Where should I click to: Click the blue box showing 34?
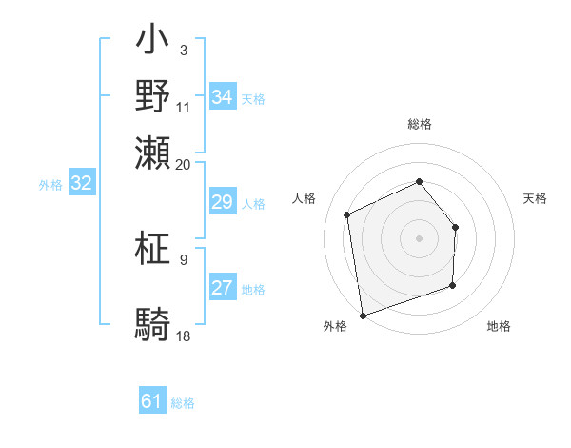click(x=223, y=97)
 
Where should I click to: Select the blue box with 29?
click(x=223, y=203)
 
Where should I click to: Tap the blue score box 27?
click(x=223, y=289)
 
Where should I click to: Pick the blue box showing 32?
click(x=82, y=184)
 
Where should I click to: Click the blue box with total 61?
click(x=152, y=401)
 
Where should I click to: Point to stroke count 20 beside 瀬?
click(x=184, y=164)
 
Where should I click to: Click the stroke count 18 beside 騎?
click(x=184, y=336)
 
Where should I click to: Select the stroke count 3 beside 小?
click(x=184, y=49)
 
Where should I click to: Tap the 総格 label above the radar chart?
click(x=420, y=124)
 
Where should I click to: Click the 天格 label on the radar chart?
click(x=536, y=198)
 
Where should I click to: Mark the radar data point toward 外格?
click(x=363, y=315)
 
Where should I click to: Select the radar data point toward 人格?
click(x=347, y=214)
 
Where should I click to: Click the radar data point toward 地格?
click(x=452, y=285)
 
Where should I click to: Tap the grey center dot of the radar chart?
click(x=419, y=238)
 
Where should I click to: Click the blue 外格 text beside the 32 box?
click(x=49, y=185)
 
